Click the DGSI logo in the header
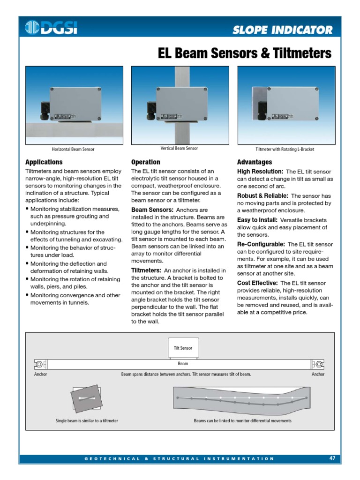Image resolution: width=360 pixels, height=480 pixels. point(51,28)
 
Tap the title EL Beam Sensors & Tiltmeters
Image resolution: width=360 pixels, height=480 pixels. point(244,53)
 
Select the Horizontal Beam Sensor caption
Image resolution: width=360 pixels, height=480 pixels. point(73,150)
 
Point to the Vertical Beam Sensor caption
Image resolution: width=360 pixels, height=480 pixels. point(179,149)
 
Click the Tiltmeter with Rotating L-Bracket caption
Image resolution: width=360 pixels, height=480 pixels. point(285,150)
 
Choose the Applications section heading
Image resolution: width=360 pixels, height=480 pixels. point(44,162)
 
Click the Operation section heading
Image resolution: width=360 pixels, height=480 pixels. point(145,162)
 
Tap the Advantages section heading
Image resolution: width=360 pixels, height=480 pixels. point(254,162)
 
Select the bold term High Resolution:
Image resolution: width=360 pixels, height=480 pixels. point(260,172)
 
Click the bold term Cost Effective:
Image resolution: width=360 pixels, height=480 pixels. point(257,283)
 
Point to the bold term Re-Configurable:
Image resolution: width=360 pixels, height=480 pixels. point(261,244)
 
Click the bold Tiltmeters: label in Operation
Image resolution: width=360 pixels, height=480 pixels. point(146,270)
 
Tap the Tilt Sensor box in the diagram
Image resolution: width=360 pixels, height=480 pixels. point(183,348)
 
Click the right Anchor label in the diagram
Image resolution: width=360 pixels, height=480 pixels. point(318,375)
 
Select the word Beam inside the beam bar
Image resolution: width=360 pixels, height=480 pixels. point(183,364)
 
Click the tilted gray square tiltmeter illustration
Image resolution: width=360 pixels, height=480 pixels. point(86,398)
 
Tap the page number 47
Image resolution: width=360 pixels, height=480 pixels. point(332,458)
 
